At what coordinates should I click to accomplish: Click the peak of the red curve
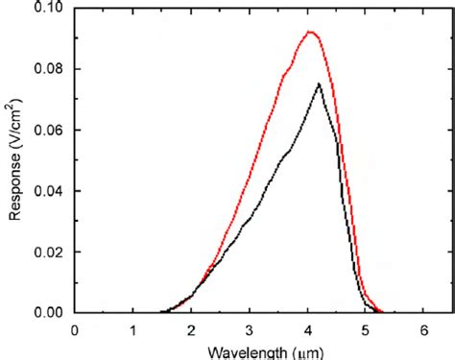(x=310, y=32)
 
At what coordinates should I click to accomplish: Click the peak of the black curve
(x=319, y=84)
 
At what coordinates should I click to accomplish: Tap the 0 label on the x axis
(x=75, y=329)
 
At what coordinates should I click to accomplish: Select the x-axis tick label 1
(x=133, y=329)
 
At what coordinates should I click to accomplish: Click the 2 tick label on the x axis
(x=191, y=329)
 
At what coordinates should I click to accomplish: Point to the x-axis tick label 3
(x=250, y=329)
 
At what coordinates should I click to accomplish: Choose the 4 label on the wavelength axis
(x=307, y=329)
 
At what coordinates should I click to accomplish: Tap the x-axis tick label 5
(x=366, y=329)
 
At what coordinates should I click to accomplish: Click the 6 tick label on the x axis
(x=423, y=329)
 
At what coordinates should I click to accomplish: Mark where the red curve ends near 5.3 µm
(x=382, y=311)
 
